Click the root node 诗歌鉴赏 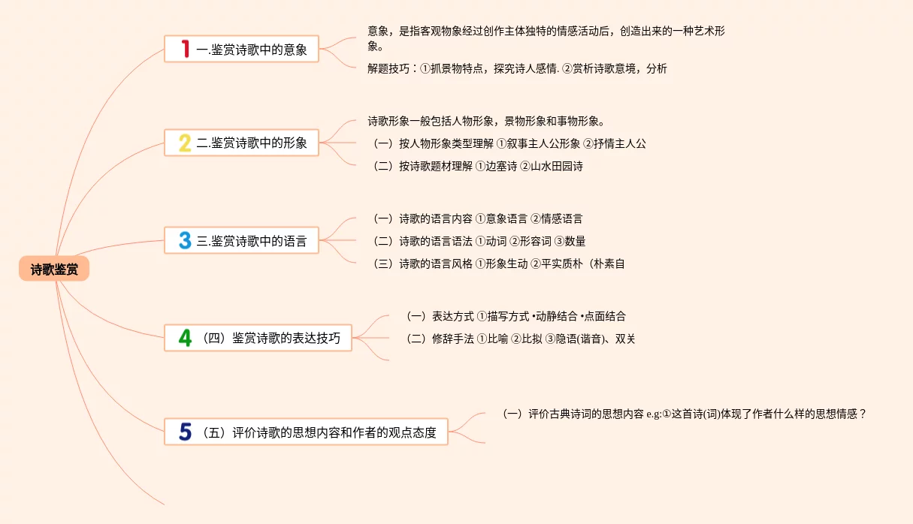point(54,270)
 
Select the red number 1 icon point(185,50)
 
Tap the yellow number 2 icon point(185,143)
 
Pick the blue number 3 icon point(185,241)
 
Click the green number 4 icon point(185,338)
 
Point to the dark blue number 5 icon point(185,432)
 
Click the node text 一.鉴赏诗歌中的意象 point(251,50)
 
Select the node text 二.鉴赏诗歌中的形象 point(252,143)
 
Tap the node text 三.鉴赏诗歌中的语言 point(252,241)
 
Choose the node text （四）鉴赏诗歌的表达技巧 point(271,338)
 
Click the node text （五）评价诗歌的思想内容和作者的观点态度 point(319,432)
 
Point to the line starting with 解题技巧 point(517,69)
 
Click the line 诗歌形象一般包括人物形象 point(486,122)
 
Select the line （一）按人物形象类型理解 point(509,144)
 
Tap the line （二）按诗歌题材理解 point(477,167)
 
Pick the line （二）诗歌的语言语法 point(479,242)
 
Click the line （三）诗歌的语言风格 point(498,264)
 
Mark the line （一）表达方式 point(515,317)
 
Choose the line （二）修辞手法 point(520,339)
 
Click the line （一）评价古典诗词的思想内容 point(685,414)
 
